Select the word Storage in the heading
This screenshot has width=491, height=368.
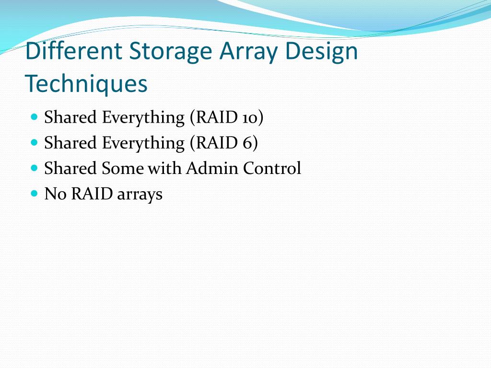coord(170,52)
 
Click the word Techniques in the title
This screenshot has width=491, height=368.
coord(86,84)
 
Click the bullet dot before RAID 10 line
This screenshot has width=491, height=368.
coord(34,116)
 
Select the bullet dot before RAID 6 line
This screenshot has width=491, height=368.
coord(34,142)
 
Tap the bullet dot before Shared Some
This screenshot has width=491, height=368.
coord(34,168)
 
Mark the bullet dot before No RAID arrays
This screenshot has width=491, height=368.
coord(34,194)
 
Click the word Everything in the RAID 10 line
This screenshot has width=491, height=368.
coord(143,117)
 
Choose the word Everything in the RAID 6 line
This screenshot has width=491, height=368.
coord(143,143)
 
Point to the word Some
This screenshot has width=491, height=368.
coord(122,168)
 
